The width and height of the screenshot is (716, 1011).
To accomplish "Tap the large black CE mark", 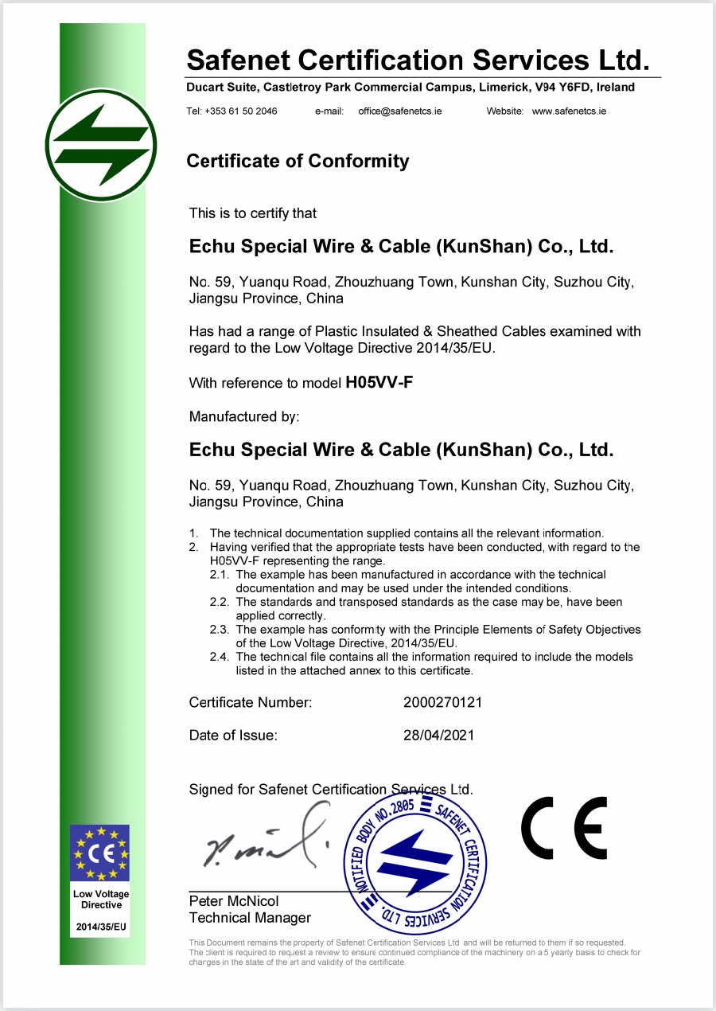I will coord(564,827).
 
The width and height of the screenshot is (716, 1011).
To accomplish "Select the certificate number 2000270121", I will coord(443,703).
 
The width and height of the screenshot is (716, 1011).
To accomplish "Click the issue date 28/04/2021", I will coord(439,736).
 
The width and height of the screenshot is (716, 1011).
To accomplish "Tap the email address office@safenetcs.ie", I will coord(400,111).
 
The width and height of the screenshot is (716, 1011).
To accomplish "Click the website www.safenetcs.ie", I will coord(569,111).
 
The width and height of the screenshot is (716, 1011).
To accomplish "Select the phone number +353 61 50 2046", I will coord(241,111).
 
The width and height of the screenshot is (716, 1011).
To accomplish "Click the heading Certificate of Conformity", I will coord(298,162).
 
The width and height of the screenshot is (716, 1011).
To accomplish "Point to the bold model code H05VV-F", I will coord(379,383).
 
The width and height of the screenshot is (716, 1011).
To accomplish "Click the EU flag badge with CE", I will coord(99,853).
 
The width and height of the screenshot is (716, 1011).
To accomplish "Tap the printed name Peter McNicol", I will coord(234,901).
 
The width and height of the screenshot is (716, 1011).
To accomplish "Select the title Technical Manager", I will coord(250,918).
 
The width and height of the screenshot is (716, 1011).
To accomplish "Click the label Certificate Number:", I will coord(251,703).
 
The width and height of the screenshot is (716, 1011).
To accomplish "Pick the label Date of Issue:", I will coord(233,736).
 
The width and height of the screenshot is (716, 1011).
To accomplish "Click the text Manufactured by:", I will coord(244,416).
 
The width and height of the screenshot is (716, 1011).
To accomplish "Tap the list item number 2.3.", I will coord(219,630).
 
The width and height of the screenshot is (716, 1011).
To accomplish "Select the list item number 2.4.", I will coord(219,657).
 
